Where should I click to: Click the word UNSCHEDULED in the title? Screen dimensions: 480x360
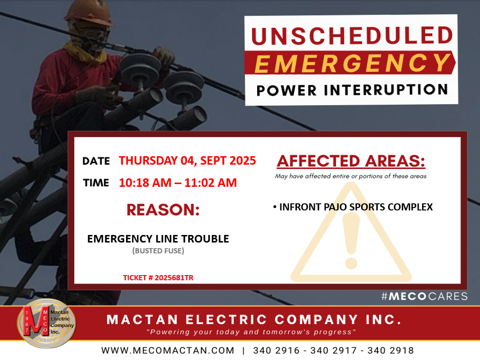pyautogui.click(x=352, y=35)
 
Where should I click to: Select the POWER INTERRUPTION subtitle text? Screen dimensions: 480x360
pyautogui.click(x=353, y=90)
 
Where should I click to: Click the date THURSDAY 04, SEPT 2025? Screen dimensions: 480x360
pyautogui.click(x=187, y=161)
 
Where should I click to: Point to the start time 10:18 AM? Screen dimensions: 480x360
pyautogui.click(x=145, y=183)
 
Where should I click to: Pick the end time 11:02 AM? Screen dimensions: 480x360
pyautogui.click(x=211, y=183)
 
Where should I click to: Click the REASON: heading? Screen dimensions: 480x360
pyautogui.click(x=163, y=210)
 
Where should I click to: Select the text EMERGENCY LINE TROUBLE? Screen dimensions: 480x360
pyautogui.click(x=158, y=239)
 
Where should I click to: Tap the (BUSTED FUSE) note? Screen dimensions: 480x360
pyautogui.click(x=158, y=251)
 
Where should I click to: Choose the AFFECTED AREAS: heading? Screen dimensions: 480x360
pyautogui.click(x=351, y=161)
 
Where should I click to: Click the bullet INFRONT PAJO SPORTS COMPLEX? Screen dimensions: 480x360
pyautogui.click(x=353, y=207)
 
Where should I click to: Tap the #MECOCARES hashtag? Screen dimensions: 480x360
pyautogui.click(x=424, y=296)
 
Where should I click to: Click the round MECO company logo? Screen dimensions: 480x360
pyautogui.click(x=47, y=323)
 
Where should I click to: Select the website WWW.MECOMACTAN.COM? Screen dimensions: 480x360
pyautogui.click(x=168, y=350)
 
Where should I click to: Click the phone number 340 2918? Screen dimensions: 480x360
pyautogui.click(x=391, y=350)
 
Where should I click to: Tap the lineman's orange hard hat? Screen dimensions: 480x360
pyautogui.click(x=89, y=12)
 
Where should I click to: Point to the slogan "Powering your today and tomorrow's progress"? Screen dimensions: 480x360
pyautogui.click(x=251, y=332)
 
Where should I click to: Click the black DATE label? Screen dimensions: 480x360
pyautogui.click(x=96, y=161)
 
